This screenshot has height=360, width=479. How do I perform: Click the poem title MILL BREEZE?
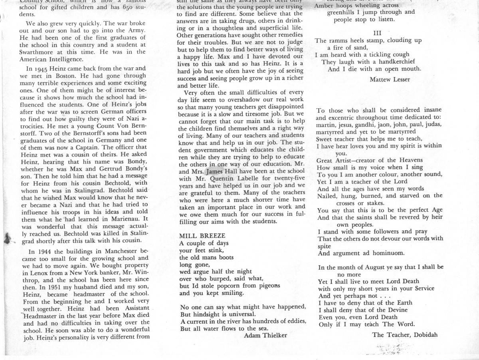tap(202, 236)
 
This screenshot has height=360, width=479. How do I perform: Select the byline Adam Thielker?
tap(265, 336)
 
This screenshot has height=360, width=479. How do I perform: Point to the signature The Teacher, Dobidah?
tap(405, 335)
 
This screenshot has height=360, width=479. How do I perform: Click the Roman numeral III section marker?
tap(377, 32)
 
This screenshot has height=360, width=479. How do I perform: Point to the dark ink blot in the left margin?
tap(8, 239)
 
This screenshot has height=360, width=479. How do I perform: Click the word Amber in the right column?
tap(325, 6)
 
